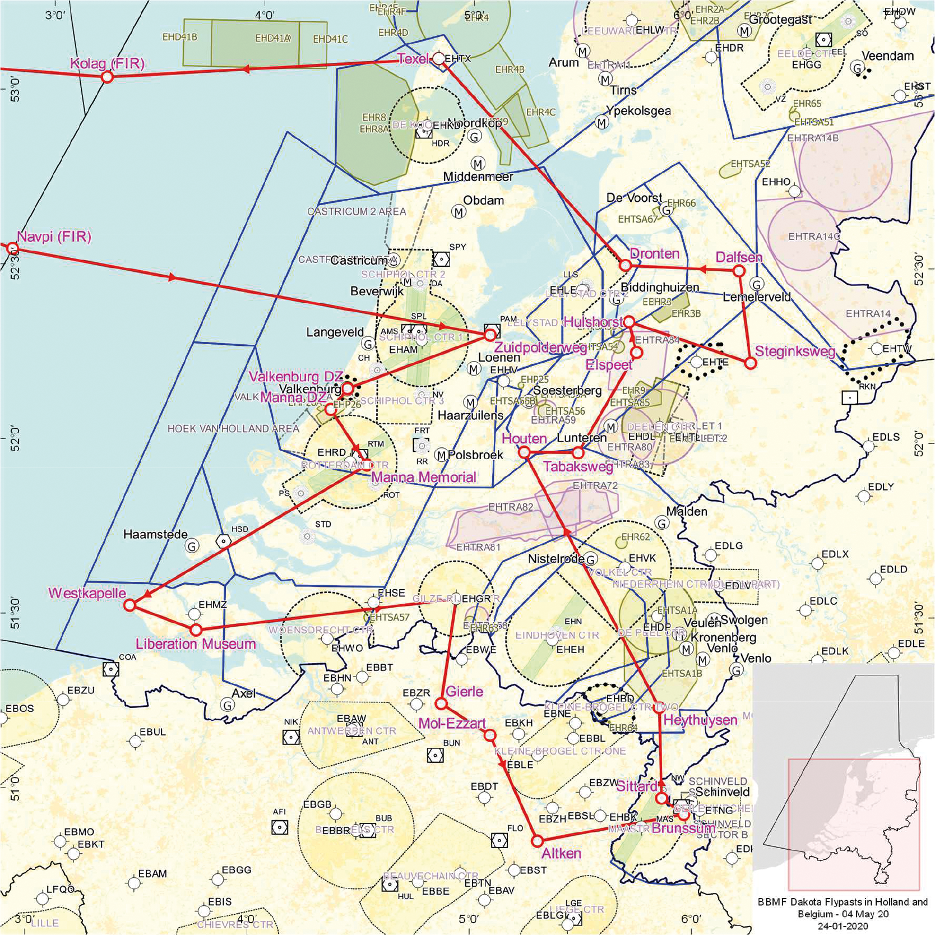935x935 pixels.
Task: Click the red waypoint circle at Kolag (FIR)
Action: coord(107,77)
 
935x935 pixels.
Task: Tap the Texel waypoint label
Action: coord(413,58)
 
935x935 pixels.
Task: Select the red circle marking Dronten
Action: coord(626,265)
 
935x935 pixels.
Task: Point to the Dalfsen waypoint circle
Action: coord(739,271)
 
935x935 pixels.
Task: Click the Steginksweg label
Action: coord(794,351)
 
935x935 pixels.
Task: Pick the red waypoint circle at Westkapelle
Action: coord(130,605)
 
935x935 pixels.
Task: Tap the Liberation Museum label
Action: coord(196,644)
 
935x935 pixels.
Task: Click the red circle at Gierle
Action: coord(441,703)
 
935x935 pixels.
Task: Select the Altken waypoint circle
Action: coord(537,841)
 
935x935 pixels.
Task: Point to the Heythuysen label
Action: coord(700,720)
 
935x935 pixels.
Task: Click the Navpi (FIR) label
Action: coord(54,237)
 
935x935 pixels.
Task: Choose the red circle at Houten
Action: coord(524,452)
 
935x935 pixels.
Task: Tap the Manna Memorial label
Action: coord(423,477)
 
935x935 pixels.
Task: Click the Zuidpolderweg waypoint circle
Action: coord(490,334)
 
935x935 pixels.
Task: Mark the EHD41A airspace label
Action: coord(272,38)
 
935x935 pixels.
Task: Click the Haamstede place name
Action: coord(155,534)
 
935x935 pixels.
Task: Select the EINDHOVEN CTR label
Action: coord(557,635)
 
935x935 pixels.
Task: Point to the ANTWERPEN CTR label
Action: coord(351,731)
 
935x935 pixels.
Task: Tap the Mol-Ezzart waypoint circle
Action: coord(490,735)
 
